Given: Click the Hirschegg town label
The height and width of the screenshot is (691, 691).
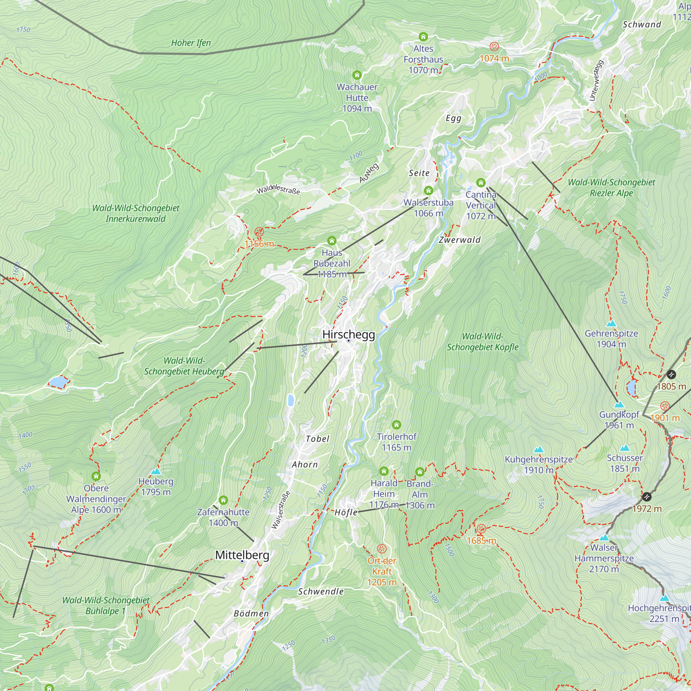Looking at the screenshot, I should [348, 334].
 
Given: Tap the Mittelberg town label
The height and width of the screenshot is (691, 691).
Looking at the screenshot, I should [242, 555].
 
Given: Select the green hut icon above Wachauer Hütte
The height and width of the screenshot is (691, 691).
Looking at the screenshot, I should [357, 75].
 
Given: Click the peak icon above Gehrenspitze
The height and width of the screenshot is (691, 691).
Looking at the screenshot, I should [611, 324].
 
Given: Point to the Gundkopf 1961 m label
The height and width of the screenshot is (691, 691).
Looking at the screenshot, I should [619, 420].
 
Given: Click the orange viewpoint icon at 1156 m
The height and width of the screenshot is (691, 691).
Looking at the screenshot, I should [259, 232].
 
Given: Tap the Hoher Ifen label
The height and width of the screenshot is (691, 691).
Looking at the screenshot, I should [191, 43].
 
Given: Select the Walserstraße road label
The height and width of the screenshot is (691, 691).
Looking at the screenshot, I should [281, 510].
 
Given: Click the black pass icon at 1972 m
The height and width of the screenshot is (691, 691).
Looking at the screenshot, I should [647, 496].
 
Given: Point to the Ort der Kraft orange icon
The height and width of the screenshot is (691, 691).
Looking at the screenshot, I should [382, 549].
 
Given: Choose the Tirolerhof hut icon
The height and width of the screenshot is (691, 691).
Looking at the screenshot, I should [396, 425].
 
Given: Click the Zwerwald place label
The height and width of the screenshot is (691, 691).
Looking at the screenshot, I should [460, 240].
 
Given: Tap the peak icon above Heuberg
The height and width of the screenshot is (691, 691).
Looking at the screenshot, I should [156, 471].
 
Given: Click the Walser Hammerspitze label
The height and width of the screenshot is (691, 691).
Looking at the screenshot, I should [604, 558].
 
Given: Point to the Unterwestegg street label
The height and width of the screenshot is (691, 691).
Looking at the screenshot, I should [596, 81].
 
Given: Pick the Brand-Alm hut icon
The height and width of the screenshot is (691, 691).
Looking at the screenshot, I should [420, 472].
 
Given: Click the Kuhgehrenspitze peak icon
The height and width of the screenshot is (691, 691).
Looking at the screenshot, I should [539, 449].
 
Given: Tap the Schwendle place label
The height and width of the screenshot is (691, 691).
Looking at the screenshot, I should [321, 591].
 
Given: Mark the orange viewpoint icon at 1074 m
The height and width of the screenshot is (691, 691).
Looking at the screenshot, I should [494, 46].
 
